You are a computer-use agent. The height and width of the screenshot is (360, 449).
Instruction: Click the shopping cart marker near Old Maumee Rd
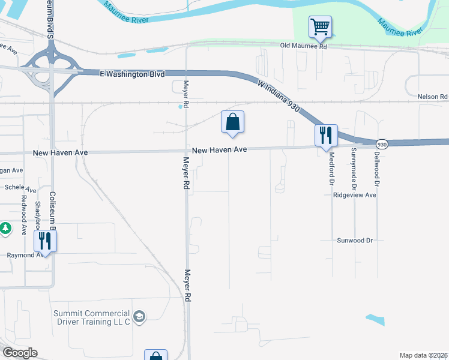click(321, 26)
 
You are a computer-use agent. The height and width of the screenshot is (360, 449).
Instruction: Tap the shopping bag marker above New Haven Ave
click(232, 122)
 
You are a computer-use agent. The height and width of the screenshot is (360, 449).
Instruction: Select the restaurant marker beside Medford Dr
click(326, 136)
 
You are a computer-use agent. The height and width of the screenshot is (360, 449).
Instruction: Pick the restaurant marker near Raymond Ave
click(45, 241)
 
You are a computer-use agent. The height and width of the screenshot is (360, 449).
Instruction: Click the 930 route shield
click(382, 144)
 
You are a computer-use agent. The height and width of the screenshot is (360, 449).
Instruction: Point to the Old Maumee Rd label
click(306, 46)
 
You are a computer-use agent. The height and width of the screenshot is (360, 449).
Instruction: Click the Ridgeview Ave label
click(355, 196)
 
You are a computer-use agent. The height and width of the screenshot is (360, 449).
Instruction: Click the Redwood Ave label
click(25, 214)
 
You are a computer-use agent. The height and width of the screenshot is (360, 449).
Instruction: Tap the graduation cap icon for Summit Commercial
click(139, 316)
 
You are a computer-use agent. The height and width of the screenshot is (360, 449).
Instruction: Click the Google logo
click(20, 353)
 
